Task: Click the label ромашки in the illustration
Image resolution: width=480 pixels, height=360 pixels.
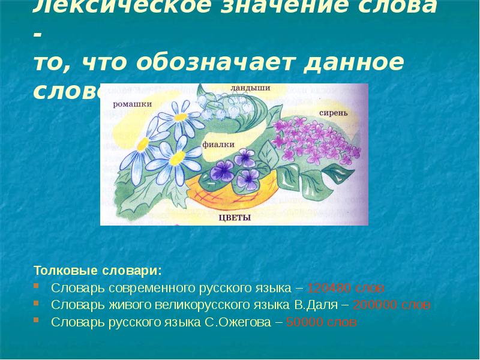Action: (x=133, y=104)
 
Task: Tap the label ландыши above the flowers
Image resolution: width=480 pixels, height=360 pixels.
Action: (x=250, y=88)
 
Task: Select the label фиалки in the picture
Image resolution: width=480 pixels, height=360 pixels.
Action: (x=214, y=144)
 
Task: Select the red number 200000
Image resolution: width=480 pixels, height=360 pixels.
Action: (x=372, y=305)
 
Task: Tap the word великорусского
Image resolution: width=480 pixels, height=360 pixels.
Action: (x=199, y=305)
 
